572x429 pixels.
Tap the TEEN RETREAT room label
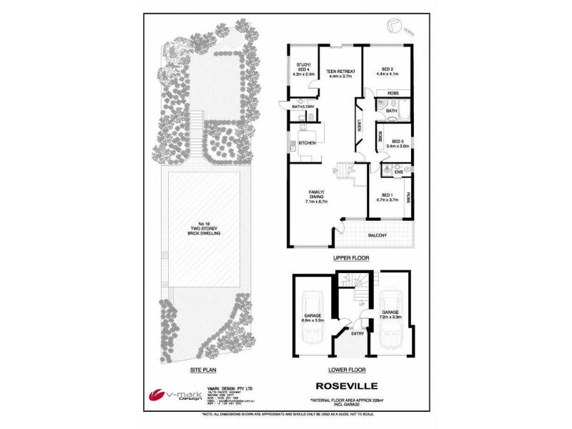point(340,74)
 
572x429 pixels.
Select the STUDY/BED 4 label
point(303,70)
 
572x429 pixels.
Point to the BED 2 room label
point(386,70)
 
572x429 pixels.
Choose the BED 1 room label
point(387,198)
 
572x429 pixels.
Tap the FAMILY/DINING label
point(317,197)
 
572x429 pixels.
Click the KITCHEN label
point(307,143)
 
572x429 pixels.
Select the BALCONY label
point(377,236)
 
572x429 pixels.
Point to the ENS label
point(398,171)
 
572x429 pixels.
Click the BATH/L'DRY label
point(302,107)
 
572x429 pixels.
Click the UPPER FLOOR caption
point(350,256)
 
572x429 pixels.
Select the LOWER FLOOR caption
point(347,370)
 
